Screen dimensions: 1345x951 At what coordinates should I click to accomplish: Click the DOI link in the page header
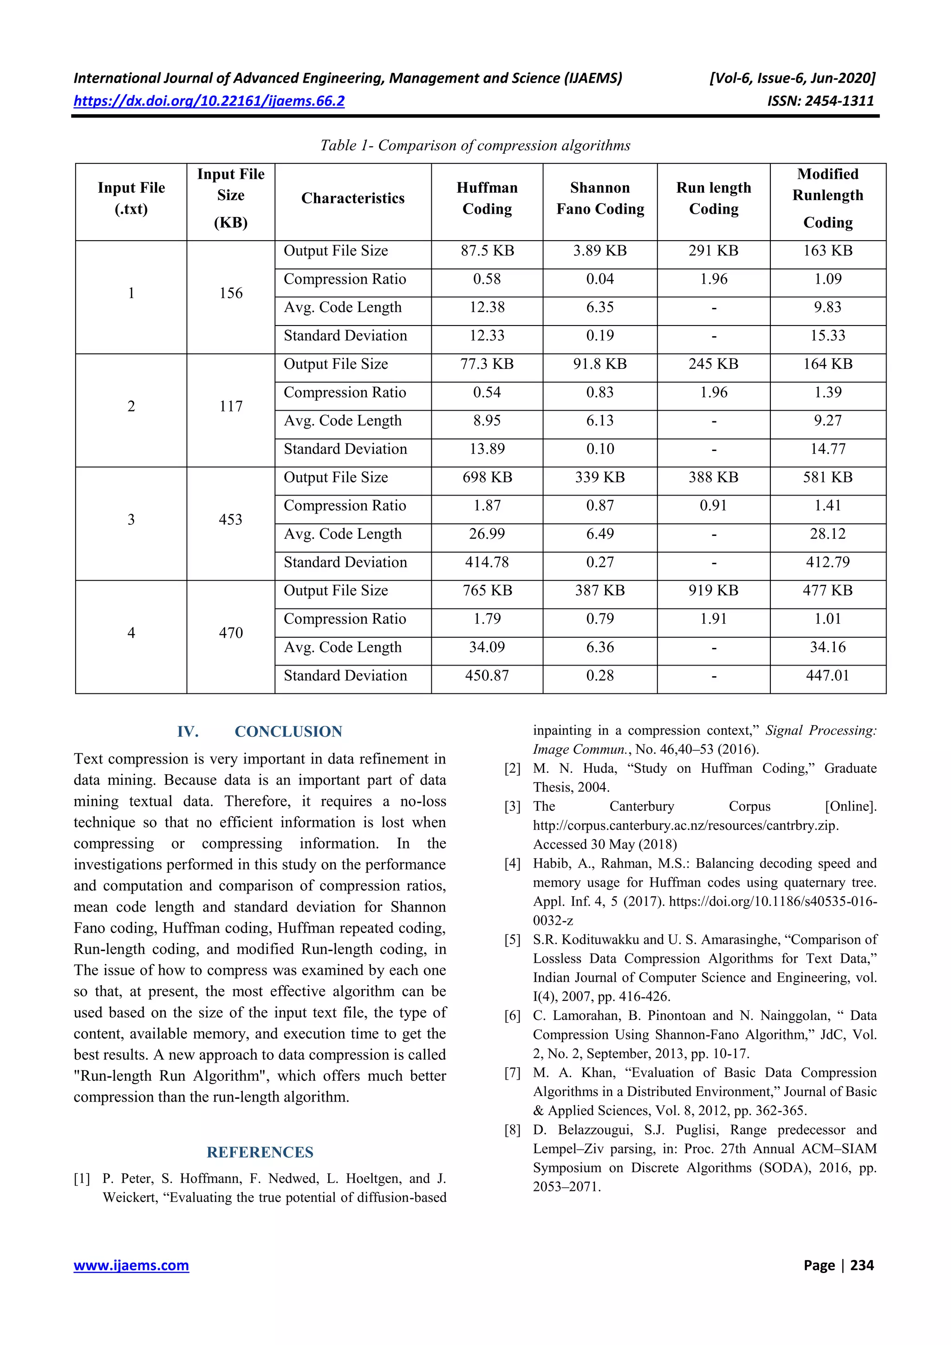pos(209,101)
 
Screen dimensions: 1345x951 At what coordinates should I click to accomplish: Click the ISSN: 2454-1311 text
pos(820,101)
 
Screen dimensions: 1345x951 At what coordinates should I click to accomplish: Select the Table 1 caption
pos(475,145)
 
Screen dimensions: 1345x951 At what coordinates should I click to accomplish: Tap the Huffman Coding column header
pos(487,199)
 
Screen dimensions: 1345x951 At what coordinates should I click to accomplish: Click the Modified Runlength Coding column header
pos(827,199)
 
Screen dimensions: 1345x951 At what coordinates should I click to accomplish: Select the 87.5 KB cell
pos(487,251)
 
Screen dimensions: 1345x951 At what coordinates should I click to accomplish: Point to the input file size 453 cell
pos(231,520)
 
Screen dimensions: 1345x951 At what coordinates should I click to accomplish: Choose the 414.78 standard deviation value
pos(487,562)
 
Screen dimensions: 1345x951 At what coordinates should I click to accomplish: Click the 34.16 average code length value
pos(827,647)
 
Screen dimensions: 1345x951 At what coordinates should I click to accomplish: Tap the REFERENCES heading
pos(260,1152)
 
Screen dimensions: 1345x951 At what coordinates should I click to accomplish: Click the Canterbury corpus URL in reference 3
pos(686,825)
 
